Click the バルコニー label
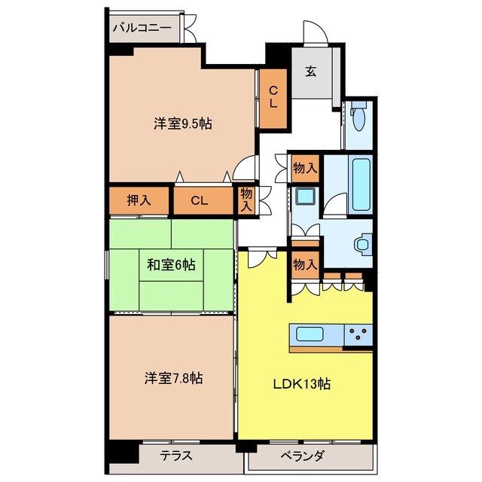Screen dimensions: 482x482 (142, 29)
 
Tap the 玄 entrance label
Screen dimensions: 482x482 (310, 72)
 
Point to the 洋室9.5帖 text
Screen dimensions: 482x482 (182, 124)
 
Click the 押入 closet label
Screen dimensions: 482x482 (139, 200)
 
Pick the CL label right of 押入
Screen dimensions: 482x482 (200, 200)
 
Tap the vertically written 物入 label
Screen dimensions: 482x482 (246, 201)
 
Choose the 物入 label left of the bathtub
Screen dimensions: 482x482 (305, 168)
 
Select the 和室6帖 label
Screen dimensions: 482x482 (171, 264)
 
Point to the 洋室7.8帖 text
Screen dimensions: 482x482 (173, 378)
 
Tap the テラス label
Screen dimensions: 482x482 (177, 456)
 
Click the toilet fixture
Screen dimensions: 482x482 (358, 117)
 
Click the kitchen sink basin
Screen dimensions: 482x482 (310, 334)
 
